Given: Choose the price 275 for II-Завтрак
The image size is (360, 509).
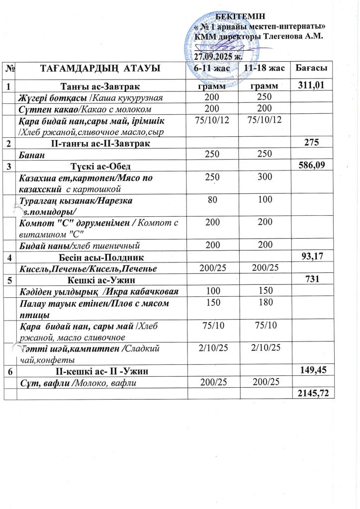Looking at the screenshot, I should click(x=321, y=143).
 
